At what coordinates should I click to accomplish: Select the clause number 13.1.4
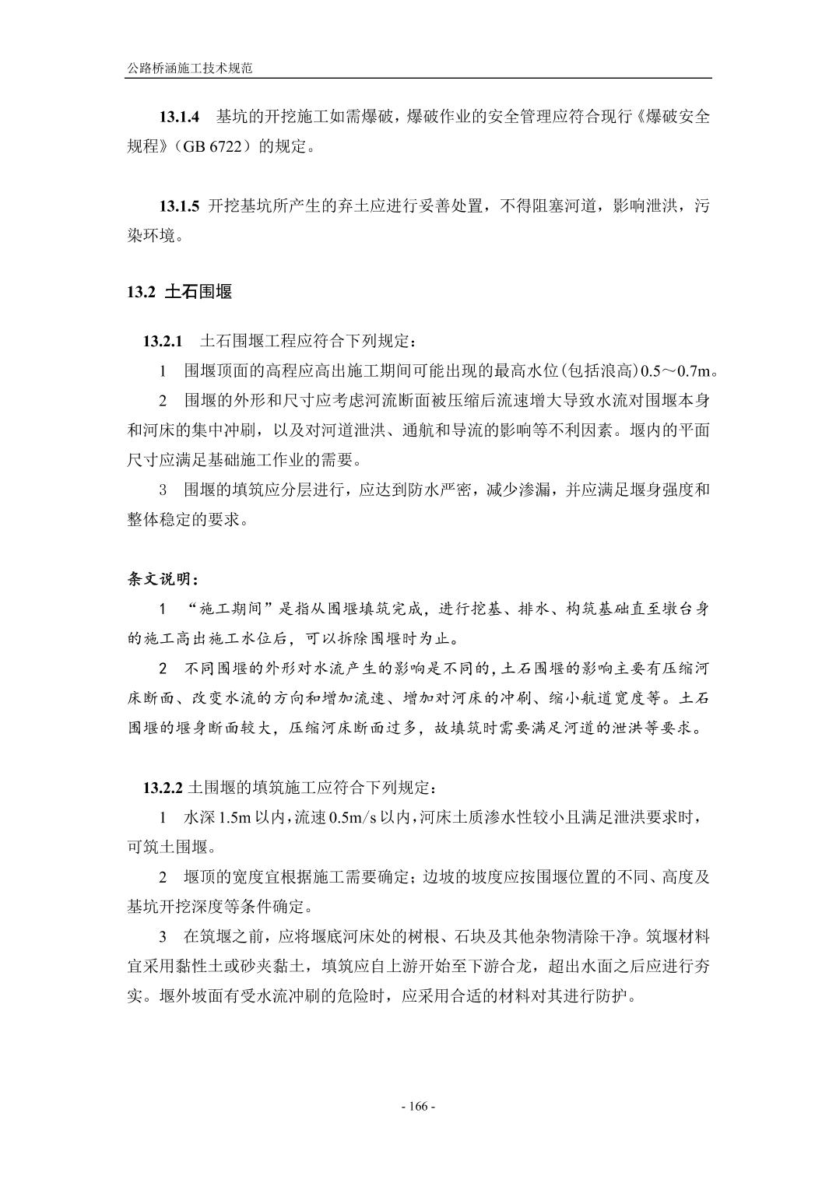(x=180, y=118)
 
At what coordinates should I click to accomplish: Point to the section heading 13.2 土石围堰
(x=179, y=293)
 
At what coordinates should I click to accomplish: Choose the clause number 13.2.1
(x=162, y=341)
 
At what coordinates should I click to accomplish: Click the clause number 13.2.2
(x=162, y=788)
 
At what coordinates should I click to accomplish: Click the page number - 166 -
(x=418, y=1107)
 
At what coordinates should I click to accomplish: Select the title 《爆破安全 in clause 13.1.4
(x=673, y=118)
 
